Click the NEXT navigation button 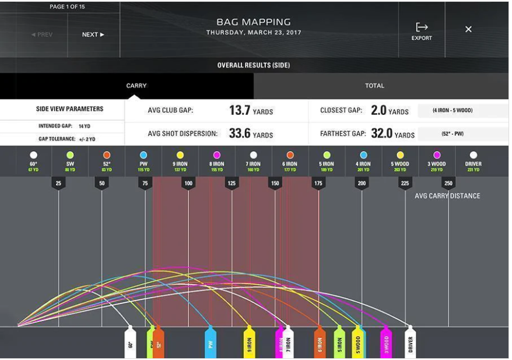93,34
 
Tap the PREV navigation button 41,34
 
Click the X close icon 468,29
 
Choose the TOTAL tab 374,86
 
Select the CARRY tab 136,86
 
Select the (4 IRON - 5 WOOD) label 453,111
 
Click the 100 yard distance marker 188,183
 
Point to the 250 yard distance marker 448,183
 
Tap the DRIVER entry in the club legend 473,160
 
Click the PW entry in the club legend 143,160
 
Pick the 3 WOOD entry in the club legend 437,160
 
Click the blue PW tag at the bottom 211,343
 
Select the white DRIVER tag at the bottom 411,343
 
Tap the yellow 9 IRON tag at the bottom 249,343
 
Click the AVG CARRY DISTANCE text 447,196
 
